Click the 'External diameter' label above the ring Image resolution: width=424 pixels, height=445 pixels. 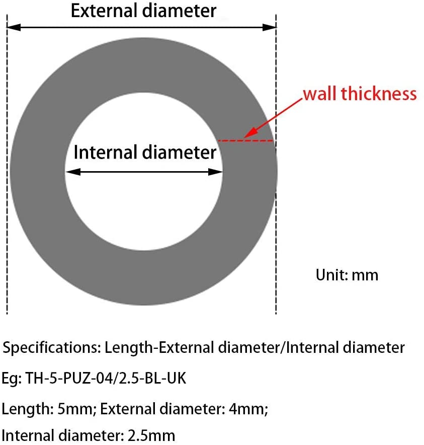[x=143, y=11]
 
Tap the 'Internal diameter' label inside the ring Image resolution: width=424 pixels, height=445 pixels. [x=145, y=152]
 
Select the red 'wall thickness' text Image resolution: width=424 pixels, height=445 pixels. [x=360, y=93]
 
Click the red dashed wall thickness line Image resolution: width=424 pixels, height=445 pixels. [x=245, y=140]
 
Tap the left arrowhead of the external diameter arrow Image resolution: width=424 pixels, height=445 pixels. [x=14, y=27]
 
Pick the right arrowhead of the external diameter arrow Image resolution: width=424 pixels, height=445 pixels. [x=269, y=27]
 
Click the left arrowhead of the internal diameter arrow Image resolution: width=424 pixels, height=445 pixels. [x=73, y=172]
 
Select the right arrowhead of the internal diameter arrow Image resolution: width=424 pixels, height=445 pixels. [x=215, y=172]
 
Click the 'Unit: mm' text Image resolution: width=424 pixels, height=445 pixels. [x=347, y=275]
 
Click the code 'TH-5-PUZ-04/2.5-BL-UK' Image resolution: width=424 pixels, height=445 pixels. [x=106, y=378]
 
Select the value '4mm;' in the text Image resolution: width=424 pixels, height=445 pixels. [x=248, y=409]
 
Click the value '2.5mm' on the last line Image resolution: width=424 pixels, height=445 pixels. [x=151, y=435]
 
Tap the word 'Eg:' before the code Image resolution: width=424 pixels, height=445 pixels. [x=12, y=379]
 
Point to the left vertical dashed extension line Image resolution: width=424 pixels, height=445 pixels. [x=7, y=165]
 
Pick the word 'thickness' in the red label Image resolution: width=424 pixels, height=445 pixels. [x=379, y=93]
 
